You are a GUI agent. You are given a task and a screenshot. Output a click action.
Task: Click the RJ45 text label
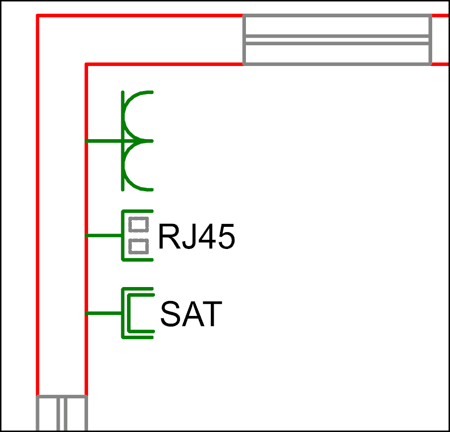point(197,236)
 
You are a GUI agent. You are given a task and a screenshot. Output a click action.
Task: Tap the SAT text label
point(191,314)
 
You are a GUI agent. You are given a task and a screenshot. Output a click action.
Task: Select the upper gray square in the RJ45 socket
point(139,224)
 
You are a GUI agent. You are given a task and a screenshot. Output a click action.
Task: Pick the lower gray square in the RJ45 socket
point(139,247)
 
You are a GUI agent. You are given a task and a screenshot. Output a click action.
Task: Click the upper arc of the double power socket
point(126,117)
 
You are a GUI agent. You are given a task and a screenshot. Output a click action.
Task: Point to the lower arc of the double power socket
point(126,166)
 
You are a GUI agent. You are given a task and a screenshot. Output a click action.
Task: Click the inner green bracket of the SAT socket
point(129,313)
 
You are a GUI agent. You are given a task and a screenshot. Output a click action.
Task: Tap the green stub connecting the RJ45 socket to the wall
point(103,236)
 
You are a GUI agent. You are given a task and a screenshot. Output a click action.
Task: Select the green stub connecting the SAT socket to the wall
point(103,313)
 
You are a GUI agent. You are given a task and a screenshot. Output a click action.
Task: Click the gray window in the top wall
point(337,39)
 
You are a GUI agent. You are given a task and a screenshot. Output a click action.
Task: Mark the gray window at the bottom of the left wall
point(62,413)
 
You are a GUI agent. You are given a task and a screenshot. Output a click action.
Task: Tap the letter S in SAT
point(170,314)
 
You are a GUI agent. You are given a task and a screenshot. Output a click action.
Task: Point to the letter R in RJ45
point(170,236)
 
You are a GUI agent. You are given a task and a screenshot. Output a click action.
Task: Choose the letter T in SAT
point(212,314)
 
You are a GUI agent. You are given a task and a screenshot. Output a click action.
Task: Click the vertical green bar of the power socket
point(123,141)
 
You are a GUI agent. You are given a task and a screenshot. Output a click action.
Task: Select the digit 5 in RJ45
point(227,236)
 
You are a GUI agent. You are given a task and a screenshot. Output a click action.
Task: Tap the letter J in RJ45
point(189,236)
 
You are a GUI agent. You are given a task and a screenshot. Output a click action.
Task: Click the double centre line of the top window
point(337,39)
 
